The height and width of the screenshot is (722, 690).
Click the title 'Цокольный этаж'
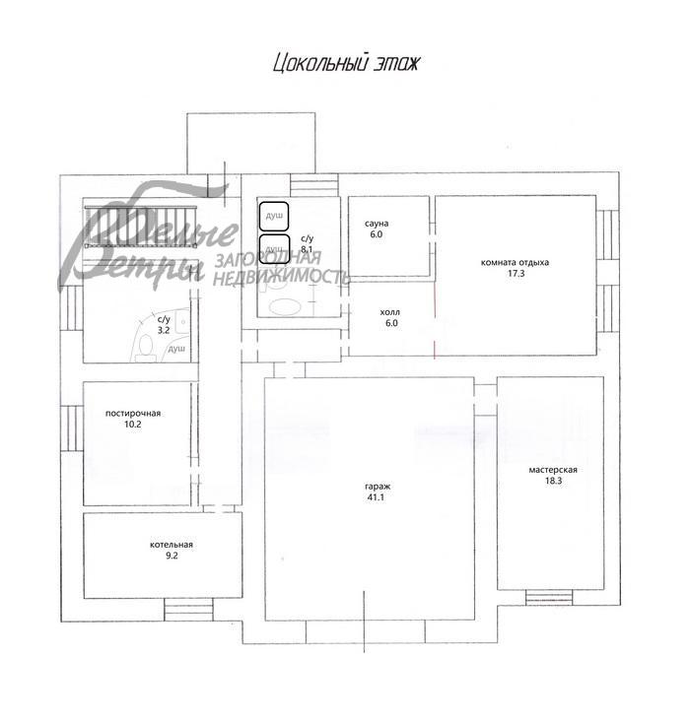pos(346,65)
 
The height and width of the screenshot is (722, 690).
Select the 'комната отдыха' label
pos(515,263)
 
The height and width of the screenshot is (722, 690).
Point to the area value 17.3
pos(515,275)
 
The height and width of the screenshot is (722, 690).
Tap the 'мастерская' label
pos(552,470)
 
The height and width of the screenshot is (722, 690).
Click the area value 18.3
pos(552,483)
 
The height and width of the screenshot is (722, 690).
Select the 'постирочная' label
pos(133,414)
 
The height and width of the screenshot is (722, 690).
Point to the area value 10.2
pos(133,426)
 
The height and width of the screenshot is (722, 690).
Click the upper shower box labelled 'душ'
pos(274,215)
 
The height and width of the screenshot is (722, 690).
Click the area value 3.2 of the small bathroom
pos(164,331)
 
